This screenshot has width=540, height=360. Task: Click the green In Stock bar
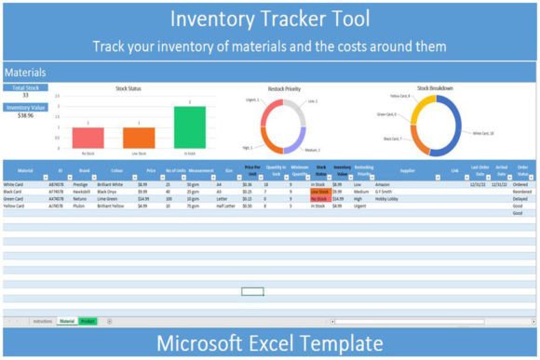point(190,127)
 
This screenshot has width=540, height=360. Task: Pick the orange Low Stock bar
point(139,138)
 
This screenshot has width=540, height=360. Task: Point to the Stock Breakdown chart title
point(435,88)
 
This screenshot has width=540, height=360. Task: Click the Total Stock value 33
point(25,95)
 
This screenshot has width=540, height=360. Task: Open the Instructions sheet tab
point(43,320)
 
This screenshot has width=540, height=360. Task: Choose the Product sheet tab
point(88,320)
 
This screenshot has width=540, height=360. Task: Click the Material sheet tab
point(67,320)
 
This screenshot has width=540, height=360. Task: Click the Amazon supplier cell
point(382,185)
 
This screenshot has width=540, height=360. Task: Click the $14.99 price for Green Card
point(143,198)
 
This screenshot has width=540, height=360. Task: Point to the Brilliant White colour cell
point(111,185)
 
